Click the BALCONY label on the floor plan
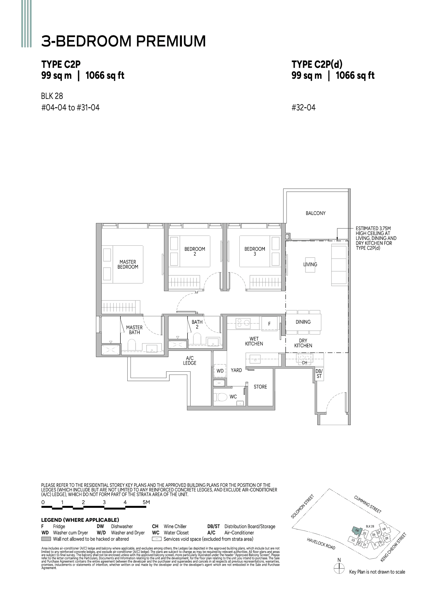point(315,213)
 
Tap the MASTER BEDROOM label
point(128,264)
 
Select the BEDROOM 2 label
point(194,251)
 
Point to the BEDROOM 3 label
point(254,251)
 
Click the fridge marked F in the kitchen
point(269,324)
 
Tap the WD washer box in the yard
point(220,371)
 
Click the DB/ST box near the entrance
point(319,373)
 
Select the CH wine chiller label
point(304,363)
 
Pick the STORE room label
point(260,387)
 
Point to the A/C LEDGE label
point(189,360)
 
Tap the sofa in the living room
point(339,265)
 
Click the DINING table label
point(303,322)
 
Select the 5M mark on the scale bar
point(146,502)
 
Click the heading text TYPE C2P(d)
point(317,64)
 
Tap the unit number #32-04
point(303,107)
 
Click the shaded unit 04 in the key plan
point(357,530)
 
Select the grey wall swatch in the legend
point(46,539)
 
